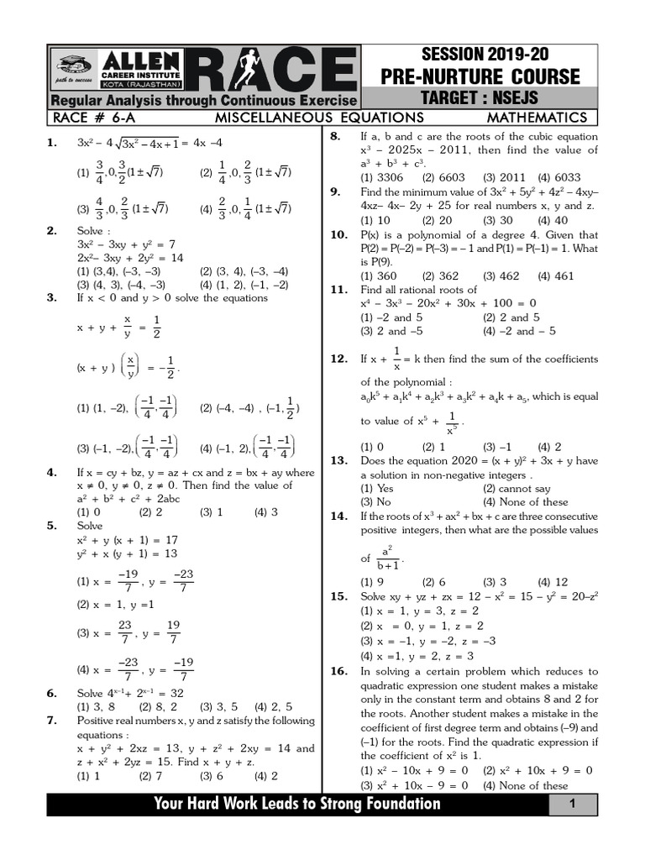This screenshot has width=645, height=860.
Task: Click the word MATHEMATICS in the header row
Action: coord(537,118)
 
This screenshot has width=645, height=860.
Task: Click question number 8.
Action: coord(333,136)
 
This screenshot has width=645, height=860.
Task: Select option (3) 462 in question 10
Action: coord(501,275)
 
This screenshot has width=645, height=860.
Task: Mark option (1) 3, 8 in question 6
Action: coord(95,706)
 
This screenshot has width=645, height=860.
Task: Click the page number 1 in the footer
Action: coord(570,805)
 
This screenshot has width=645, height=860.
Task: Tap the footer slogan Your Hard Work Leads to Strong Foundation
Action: coord(297,805)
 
